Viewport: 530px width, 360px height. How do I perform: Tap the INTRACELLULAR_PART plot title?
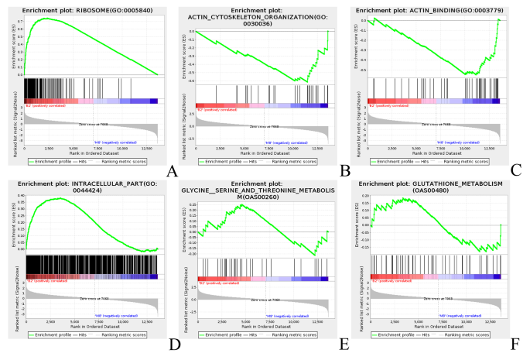coord(91,183)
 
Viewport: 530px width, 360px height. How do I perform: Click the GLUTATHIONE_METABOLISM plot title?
coord(436,183)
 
